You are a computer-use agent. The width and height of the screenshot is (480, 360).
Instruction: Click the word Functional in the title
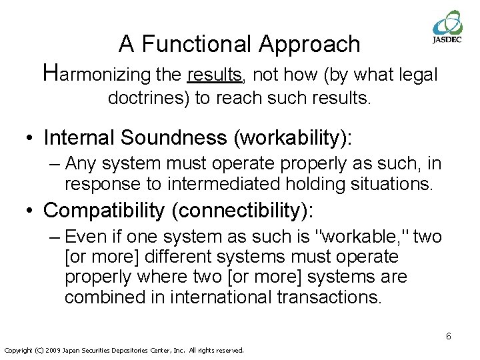(197, 44)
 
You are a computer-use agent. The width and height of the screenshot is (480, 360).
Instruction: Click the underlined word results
(215, 74)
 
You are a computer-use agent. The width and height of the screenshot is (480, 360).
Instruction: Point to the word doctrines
(148, 99)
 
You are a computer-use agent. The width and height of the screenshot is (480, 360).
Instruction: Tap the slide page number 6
(448, 336)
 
